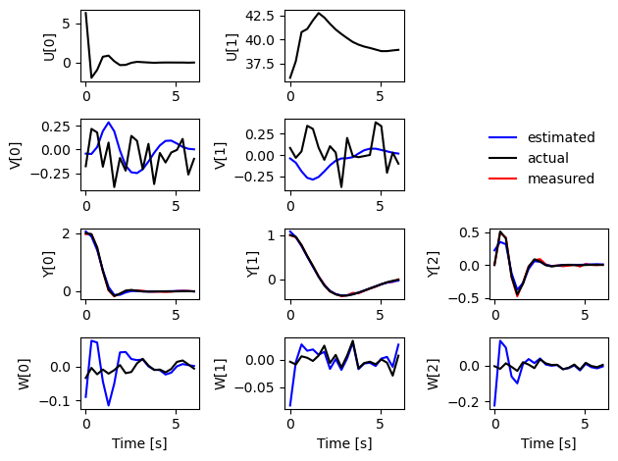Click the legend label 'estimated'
[561, 137]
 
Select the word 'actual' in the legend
[547, 158]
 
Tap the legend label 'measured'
[561, 179]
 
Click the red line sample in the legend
[502, 179]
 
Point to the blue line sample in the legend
[502, 137]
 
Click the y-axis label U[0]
[50, 47]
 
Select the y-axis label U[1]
[232, 47]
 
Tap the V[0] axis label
[15, 156]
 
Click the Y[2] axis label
[434, 265]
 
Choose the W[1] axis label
[221, 374]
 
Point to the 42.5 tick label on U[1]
[260, 16]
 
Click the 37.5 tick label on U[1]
[260, 64]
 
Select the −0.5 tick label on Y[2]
[464, 298]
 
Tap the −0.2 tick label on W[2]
[464, 402]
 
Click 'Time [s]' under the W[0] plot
[139, 443]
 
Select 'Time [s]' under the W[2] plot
[548, 443]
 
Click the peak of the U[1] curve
[319, 13]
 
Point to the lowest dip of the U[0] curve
[91, 77]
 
